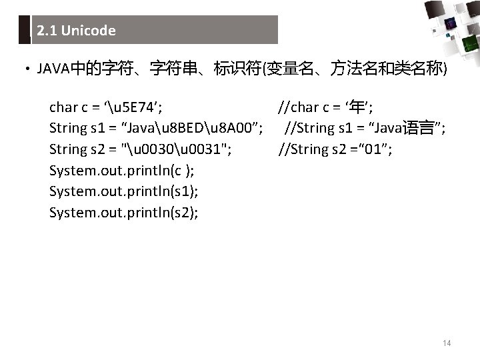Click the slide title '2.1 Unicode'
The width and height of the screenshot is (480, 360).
tap(77, 31)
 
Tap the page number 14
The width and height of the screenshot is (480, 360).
tap(447, 343)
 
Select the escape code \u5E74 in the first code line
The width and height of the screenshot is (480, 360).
tap(129, 107)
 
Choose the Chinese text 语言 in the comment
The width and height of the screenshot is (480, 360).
tap(418, 128)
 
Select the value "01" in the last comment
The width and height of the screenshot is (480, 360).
tap(369, 149)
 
